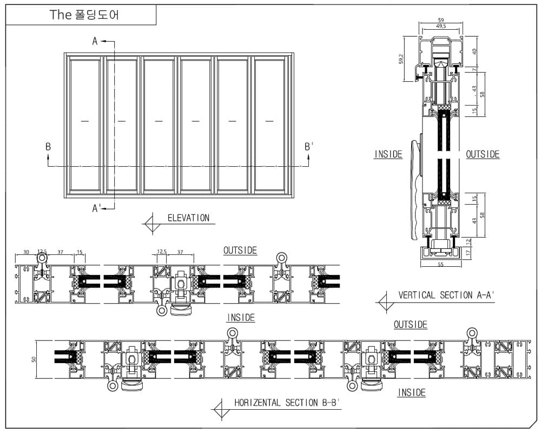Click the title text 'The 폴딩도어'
click(x=84, y=15)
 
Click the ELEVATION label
click(x=188, y=218)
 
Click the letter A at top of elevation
click(x=95, y=42)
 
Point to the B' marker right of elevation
click(x=308, y=146)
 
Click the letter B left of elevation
click(x=48, y=146)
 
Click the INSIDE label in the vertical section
click(x=388, y=155)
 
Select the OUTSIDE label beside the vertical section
click(x=483, y=155)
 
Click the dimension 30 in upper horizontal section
click(x=26, y=252)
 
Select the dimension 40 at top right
click(x=474, y=52)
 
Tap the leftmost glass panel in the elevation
click(x=85, y=124)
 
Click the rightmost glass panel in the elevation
click(x=269, y=124)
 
